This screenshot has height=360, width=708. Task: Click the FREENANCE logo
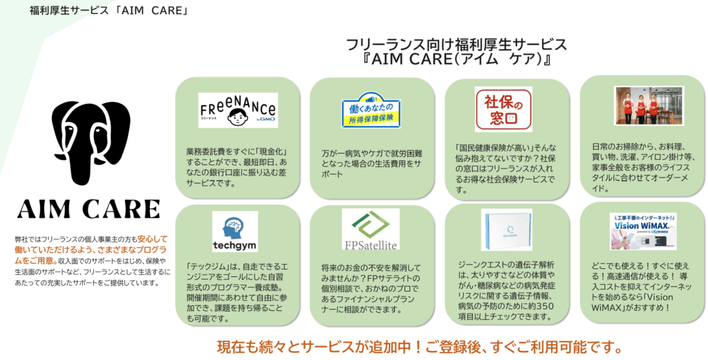coord(238,110)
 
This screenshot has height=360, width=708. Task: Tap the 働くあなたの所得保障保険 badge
coord(371,111)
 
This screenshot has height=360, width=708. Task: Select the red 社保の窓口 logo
coord(503,108)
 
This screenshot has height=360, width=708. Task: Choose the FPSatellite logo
coord(371,229)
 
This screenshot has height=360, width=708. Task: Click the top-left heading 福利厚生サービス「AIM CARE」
coord(109,11)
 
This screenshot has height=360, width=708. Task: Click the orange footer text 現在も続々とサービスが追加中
coord(422,345)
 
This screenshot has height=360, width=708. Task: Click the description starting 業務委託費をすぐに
coord(236,167)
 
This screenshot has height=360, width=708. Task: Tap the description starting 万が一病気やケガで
coord(371,164)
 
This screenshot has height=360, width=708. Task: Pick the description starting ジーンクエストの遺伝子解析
coord(507,290)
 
